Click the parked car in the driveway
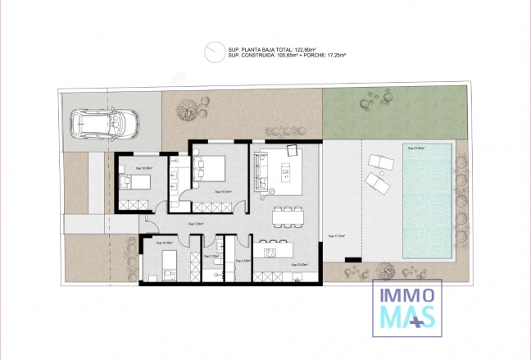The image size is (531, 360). pos(105,125)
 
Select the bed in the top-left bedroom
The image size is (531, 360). pos(135,182)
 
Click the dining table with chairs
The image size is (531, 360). pos(287,214)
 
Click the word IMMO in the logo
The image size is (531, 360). pos(407,294)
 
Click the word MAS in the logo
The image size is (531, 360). pos(403,317)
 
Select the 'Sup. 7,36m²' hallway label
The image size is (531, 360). pos(196,223)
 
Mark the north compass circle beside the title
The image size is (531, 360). pos(215,50)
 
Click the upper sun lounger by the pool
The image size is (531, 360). pos(379,159)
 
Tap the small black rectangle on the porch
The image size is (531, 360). pos(354,261)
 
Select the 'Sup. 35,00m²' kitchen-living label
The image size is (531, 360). pos(299,265)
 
